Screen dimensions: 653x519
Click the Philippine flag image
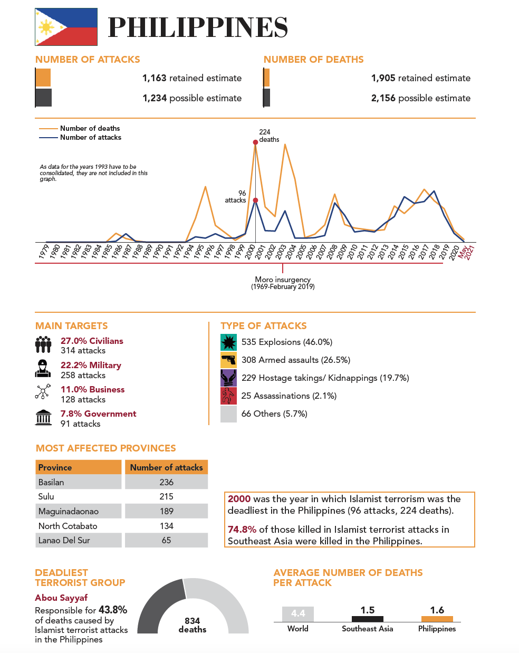66,27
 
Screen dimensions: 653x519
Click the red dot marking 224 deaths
255,142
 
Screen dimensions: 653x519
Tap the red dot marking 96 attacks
255,200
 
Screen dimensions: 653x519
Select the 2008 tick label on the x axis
332,251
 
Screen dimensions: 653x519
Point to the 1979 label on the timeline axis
44,251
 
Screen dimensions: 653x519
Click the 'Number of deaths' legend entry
90,128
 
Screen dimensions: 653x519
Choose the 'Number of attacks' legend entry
90,137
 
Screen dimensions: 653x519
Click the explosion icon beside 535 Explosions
228,342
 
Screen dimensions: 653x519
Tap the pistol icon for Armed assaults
228,360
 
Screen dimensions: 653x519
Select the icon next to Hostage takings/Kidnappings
228,378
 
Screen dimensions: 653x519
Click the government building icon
43,418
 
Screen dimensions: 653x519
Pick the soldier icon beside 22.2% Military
43,369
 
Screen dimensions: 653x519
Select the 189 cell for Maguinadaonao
166,511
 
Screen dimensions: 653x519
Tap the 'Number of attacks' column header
166,467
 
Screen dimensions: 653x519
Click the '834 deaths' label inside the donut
193,625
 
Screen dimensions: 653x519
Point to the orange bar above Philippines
437,619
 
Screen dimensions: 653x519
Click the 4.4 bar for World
298,614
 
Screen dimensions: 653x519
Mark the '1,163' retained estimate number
155,78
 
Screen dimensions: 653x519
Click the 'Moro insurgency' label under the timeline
283,280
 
